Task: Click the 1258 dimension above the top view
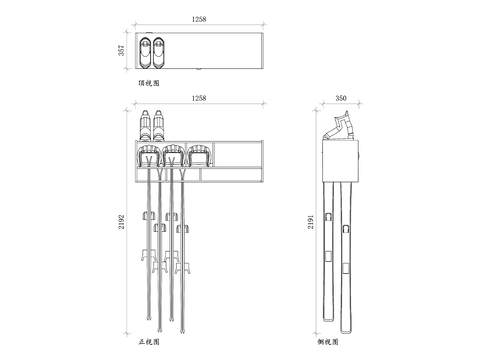pos(199,19)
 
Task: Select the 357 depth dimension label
pos(122,50)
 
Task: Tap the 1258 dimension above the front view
pos(199,98)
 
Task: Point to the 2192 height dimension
pos(122,222)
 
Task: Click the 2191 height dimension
pos(311,222)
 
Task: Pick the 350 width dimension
pos(341,98)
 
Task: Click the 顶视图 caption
pos(149,83)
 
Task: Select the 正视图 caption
pos(149,342)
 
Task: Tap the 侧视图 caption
pos(328,342)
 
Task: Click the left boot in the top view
pos(145,53)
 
